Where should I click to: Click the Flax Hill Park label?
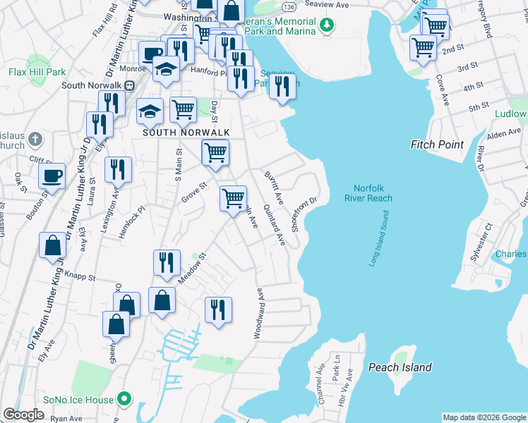point(37,72)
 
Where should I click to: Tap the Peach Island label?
point(400,367)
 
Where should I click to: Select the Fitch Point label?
point(437,145)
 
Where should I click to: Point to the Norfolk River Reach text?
point(368,192)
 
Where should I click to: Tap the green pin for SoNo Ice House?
point(125,400)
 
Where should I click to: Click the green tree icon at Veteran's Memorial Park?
point(326,25)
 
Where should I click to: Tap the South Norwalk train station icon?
point(129,85)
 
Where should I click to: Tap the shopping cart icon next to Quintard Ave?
point(233,198)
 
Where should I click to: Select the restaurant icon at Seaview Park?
point(282,87)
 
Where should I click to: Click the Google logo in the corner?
point(23,415)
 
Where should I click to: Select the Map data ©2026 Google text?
point(484,417)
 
